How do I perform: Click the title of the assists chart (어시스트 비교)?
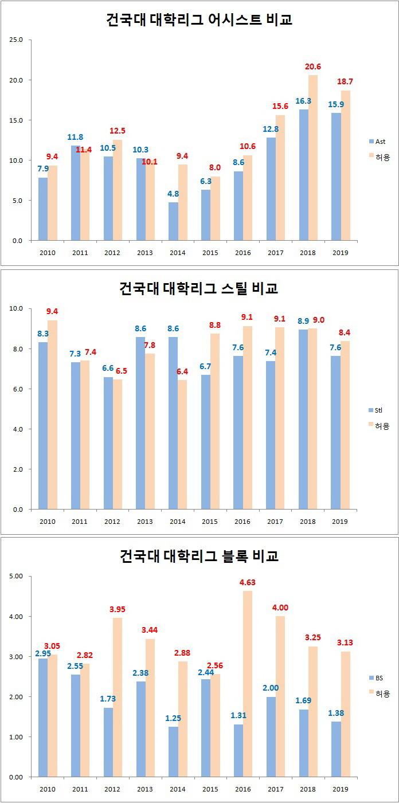click(x=199, y=19)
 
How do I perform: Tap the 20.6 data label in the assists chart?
click(x=312, y=66)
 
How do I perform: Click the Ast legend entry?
click(x=379, y=141)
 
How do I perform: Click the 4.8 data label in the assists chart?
click(x=173, y=194)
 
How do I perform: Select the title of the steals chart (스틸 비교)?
click(x=199, y=288)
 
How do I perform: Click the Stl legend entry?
click(x=379, y=410)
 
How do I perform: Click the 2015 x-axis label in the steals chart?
click(x=210, y=522)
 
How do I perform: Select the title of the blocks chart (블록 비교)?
click(x=199, y=555)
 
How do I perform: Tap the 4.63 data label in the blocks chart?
click(x=248, y=582)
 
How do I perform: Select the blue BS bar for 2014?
click(x=173, y=751)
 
